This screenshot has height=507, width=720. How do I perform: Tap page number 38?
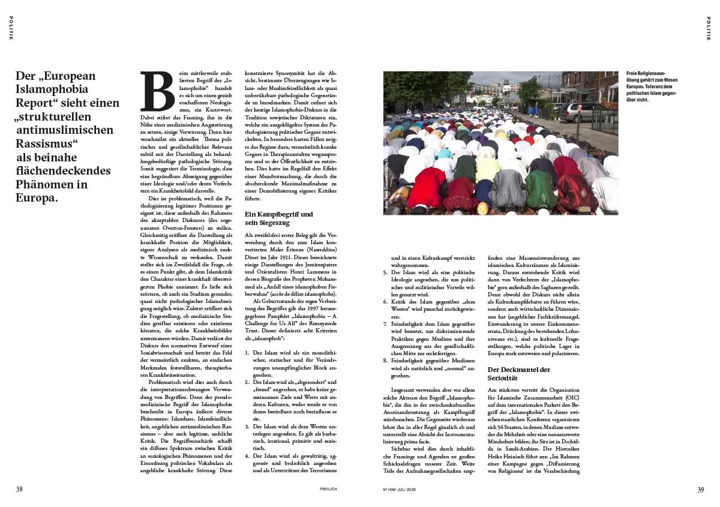(x=19, y=489)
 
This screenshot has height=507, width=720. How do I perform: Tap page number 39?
(x=700, y=489)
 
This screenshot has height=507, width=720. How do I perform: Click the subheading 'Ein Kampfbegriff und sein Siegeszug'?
(x=279, y=218)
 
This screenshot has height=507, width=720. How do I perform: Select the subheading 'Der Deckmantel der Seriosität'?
(x=518, y=374)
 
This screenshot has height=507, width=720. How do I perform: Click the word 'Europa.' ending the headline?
(x=38, y=197)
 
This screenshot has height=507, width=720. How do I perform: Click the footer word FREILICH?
(x=328, y=489)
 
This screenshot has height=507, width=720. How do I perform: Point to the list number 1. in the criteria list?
(x=248, y=353)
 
